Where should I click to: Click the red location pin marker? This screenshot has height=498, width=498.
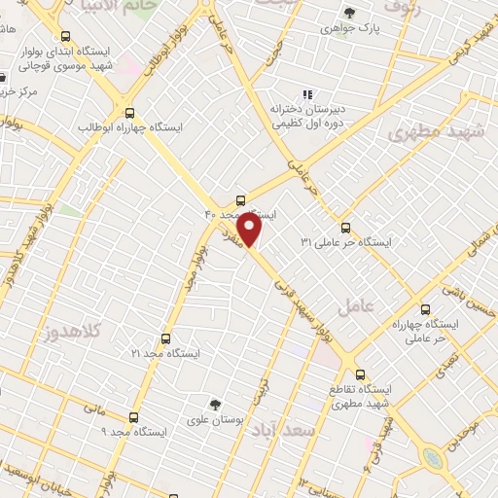coord(250,230)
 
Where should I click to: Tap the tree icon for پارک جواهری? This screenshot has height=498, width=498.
coord(349,13)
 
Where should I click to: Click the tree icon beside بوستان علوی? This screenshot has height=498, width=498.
coord(214,404)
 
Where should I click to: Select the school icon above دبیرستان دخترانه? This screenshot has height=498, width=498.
coord(307,95)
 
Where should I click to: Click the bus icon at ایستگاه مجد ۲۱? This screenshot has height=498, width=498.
coord(165,338)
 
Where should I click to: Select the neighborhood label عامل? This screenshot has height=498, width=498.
coord(356,307)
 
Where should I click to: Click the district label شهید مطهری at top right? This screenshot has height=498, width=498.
coord(428,131)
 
